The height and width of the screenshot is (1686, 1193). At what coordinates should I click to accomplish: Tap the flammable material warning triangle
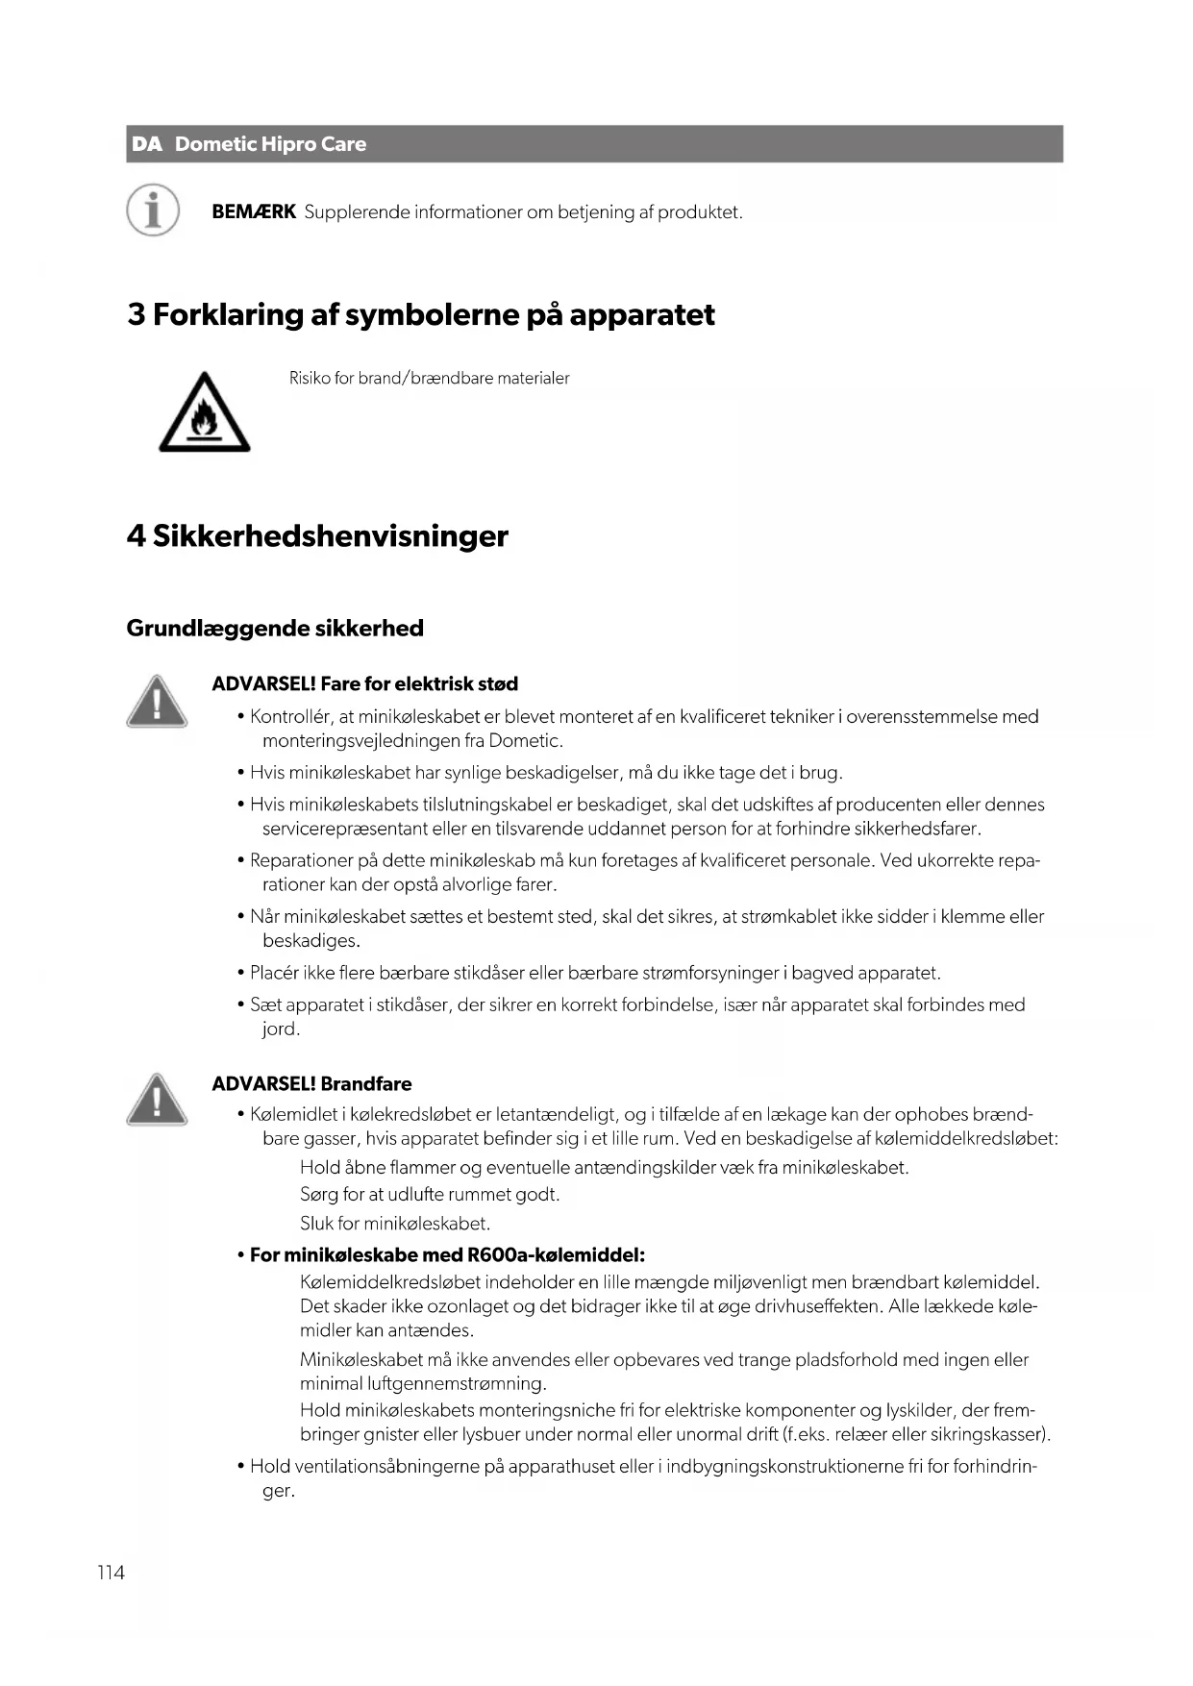click(x=204, y=414)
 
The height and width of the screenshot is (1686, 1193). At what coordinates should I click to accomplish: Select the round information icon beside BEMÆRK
click(x=153, y=210)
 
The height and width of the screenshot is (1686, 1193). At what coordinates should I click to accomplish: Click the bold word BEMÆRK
click(x=253, y=211)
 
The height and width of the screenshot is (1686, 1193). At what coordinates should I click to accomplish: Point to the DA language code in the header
click(x=147, y=144)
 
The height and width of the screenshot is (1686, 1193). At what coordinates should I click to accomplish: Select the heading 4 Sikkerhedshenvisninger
click(x=316, y=535)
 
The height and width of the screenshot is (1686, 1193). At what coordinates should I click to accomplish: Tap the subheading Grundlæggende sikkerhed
click(x=275, y=628)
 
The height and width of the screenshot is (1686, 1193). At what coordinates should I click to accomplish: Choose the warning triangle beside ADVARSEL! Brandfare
click(x=156, y=1099)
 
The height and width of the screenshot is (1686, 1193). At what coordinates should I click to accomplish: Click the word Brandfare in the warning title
click(x=365, y=1083)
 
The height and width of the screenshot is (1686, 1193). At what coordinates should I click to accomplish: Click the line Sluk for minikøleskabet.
click(x=395, y=1224)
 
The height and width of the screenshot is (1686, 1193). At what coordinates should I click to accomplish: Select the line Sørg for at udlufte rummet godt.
click(x=429, y=1195)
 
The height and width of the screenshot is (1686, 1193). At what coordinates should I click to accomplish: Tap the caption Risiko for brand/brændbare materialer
click(x=429, y=378)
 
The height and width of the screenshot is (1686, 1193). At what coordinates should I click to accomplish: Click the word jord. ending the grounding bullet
click(x=281, y=1029)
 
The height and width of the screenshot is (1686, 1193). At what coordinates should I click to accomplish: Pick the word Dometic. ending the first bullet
click(x=525, y=740)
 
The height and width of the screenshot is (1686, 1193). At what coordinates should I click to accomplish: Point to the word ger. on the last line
click(x=278, y=1491)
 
